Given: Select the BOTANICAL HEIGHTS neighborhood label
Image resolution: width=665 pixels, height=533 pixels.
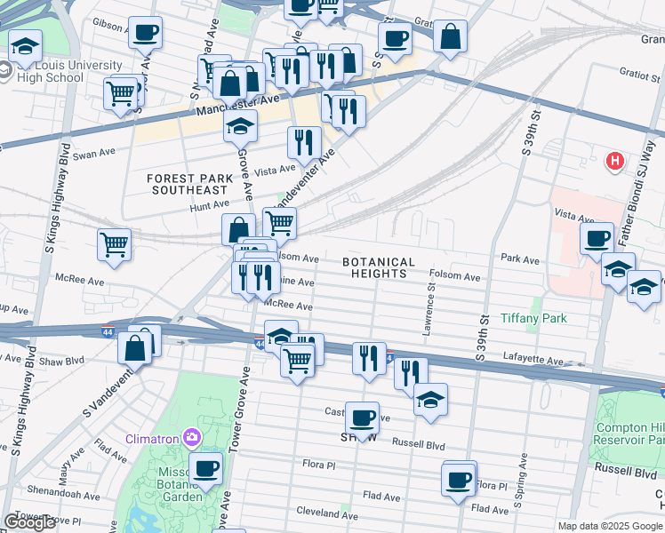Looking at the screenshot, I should (x=379, y=267).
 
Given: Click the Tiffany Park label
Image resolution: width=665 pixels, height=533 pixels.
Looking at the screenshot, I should (x=533, y=318).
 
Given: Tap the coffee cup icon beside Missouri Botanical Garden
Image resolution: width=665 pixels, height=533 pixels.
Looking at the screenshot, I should (x=206, y=468).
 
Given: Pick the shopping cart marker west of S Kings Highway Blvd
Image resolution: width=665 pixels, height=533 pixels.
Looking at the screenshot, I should (x=115, y=244).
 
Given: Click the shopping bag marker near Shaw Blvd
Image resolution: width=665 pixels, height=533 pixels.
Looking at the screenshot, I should (x=135, y=347).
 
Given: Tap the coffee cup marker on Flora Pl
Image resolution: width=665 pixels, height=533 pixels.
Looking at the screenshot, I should (x=459, y=480).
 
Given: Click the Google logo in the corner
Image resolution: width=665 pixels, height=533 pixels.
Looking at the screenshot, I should (x=29, y=522).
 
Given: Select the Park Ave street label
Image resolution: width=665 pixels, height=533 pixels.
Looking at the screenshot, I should (x=520, y=259).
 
